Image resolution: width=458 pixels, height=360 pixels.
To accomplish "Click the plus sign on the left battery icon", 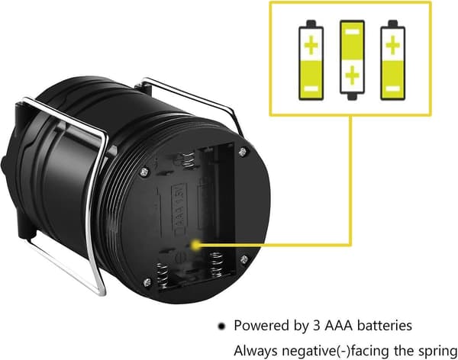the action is [x=311, y=45].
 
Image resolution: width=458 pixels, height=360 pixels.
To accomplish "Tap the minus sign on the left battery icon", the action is [x=311, y=88].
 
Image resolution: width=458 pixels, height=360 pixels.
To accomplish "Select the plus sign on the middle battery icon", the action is [x=352, y=76].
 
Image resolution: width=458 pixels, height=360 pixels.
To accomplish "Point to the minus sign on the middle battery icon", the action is [x=352, y=31].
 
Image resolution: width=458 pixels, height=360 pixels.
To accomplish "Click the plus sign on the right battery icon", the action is [x=393, y=45].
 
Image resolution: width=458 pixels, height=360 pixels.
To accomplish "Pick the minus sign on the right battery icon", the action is [x=393, y=88].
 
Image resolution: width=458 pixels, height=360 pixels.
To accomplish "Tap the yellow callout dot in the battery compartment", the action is [x=195, y=245].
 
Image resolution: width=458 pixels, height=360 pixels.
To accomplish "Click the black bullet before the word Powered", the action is [x=222, y=326].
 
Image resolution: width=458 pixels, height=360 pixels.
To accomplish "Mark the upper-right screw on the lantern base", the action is [x=243, y=152].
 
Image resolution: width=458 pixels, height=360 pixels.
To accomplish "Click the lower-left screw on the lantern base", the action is [x=147, y=282].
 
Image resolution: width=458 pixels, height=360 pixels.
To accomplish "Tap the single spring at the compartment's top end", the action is [x=188, y=159].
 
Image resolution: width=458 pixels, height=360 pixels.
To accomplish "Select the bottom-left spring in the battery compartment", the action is [x=162, y=275].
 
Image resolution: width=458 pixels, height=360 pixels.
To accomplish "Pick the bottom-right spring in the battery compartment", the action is [x=216, y=264].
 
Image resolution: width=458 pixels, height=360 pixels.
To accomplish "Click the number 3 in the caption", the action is [x=316, y=326].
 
